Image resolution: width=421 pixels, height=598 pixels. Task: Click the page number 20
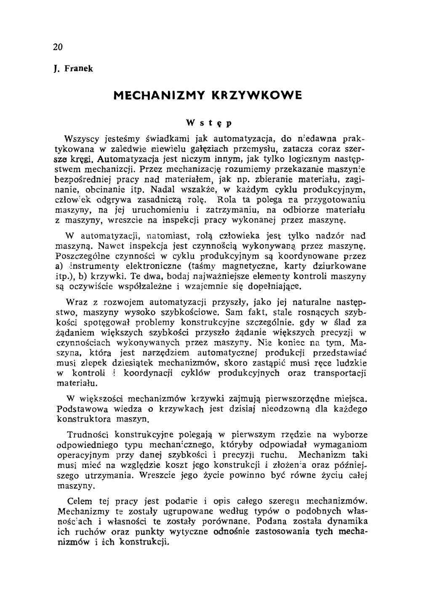click(58, 47)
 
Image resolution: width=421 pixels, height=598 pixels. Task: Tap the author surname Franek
click(78, 69)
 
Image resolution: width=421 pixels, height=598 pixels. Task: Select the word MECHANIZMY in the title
click(157, 96)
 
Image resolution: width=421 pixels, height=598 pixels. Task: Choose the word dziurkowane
click(342, 266)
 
